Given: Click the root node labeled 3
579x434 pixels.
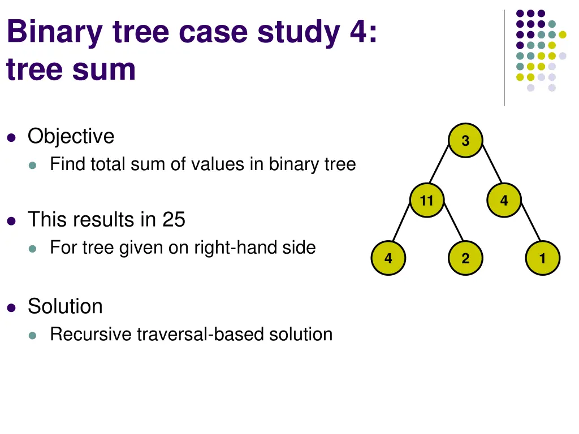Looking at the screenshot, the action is (x=465, y=141).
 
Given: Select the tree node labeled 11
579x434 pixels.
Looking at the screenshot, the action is (x=427, y=200).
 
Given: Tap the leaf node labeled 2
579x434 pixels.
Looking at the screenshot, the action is (x=465, y=259).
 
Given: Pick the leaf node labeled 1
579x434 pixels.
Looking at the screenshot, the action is (x=542, y=259).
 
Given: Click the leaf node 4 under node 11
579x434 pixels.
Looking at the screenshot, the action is (x=388, y=259).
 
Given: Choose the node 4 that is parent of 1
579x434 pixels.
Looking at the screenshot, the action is (x=504, y=200).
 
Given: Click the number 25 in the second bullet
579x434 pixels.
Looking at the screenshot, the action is (x=174, y=219).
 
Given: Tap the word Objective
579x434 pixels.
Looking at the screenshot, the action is (x=71, y=136).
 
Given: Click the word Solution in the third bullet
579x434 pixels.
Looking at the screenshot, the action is (x=65, y=306).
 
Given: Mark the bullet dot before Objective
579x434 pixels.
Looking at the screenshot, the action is (x=11, y=137).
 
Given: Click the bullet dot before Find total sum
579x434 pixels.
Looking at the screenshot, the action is (x=33, y=165).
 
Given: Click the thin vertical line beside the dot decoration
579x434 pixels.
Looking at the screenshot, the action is (x=504, y=57).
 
